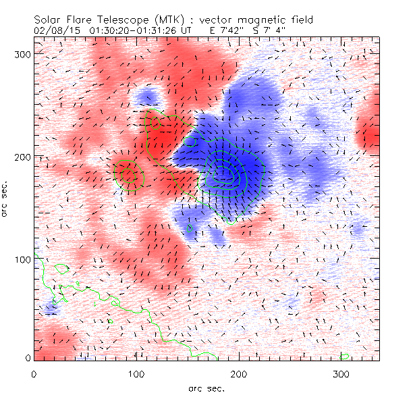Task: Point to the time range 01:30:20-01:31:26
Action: pos(128,31)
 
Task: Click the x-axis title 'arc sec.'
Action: pos(206,388)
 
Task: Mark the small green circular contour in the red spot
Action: pos(128,174)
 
